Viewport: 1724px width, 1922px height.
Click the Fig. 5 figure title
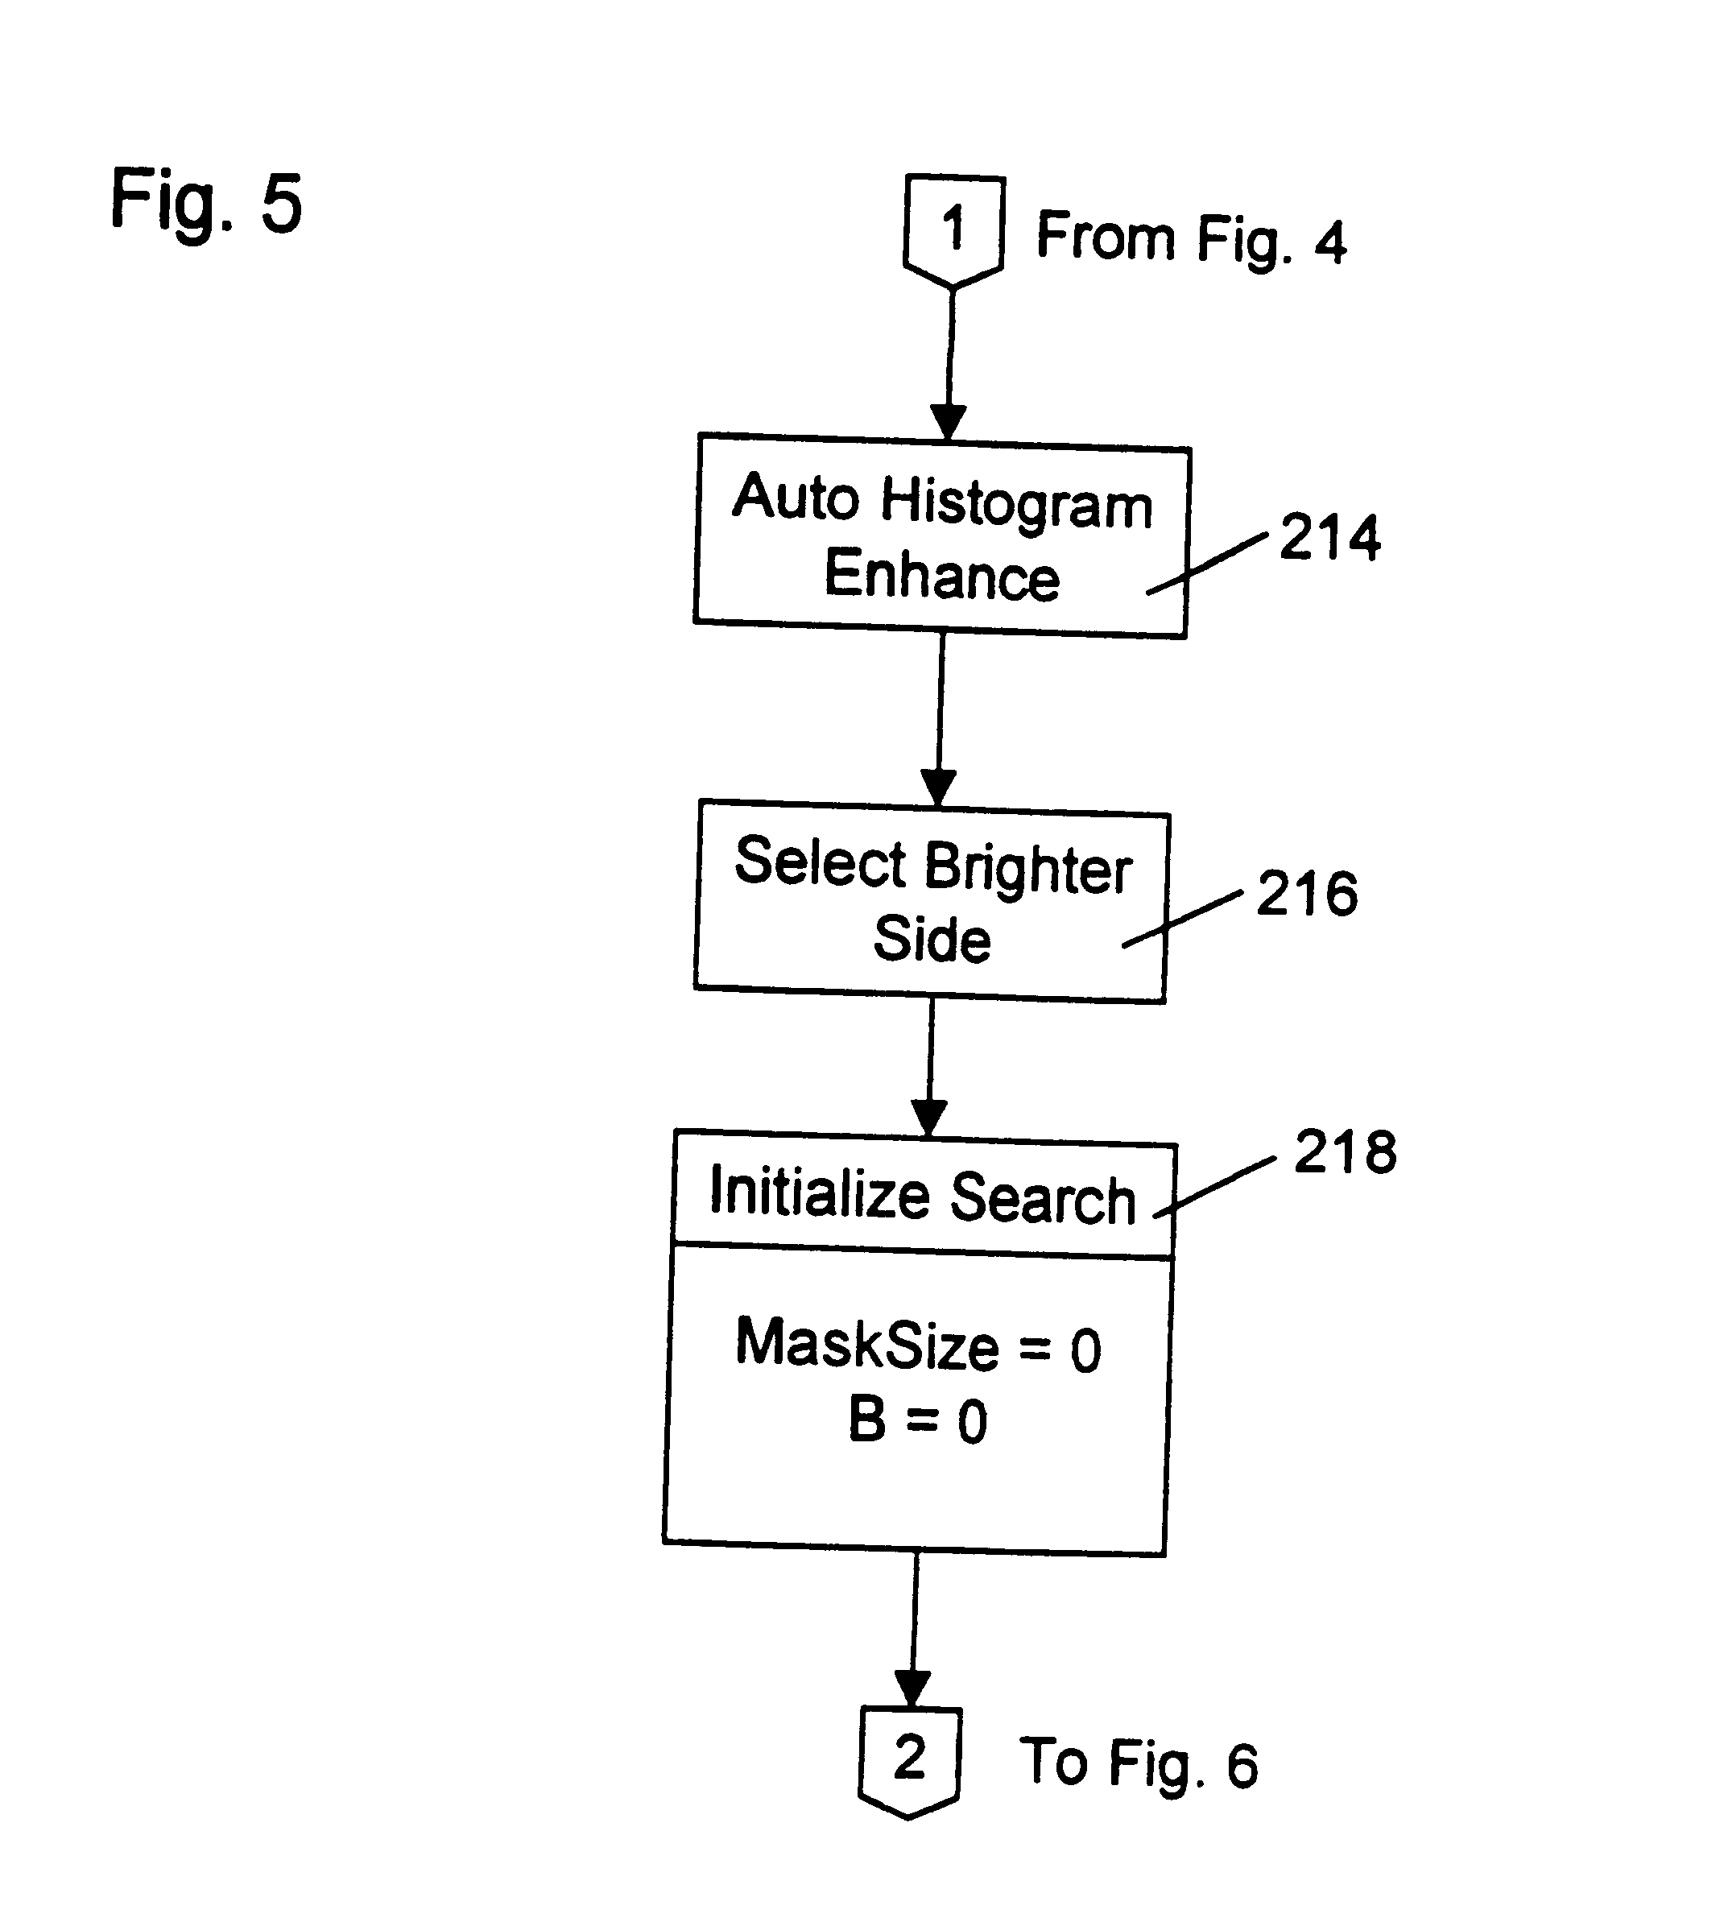pos(205,200)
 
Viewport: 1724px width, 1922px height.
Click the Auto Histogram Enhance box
pos(941,536)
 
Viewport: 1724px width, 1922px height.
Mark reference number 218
pos(1344,1152)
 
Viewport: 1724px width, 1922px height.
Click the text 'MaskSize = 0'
pos(918,1345)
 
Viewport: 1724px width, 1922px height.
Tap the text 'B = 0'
pos(917,1421)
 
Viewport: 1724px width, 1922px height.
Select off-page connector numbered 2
pos(909,1759)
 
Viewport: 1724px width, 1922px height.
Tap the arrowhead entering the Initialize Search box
pos(928,1118)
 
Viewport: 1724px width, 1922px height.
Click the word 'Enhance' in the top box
pos(941,575)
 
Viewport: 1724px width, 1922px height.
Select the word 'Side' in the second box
pos(932,939)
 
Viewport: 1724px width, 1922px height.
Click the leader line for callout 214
pos(1208,564)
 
